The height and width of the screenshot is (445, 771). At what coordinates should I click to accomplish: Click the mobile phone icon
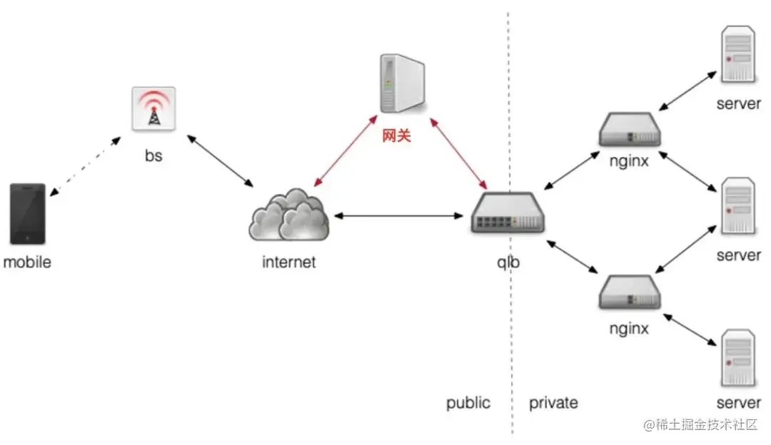pos(28,214)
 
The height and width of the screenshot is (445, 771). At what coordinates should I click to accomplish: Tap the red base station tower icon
pos(153,110)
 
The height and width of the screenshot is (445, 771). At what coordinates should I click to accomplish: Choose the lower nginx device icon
pos(630,292)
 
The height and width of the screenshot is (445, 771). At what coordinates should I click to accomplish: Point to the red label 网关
pos(397,135)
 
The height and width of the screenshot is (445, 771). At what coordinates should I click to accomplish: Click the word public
pos(468,403)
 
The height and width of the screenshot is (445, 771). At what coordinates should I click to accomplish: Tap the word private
pos(553,403)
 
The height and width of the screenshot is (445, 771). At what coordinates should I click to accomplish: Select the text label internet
pos(289,262)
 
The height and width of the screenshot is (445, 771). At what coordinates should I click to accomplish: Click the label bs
pos(153,155)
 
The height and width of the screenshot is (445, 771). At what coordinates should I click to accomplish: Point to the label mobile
pos(28,262)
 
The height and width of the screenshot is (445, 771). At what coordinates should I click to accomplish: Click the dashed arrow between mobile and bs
pos(84,165)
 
